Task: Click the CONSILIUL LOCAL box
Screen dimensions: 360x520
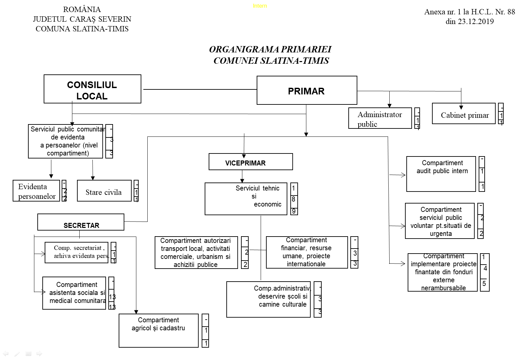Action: point(92,89)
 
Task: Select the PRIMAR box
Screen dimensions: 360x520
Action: point(307,90)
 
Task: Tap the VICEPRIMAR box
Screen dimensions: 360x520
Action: point(251,162)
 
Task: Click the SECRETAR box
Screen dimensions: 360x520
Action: point(81,222)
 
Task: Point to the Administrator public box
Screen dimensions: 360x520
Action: point(380,118)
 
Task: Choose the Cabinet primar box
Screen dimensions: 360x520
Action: point(464,114)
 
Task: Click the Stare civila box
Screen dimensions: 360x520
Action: point(104,191)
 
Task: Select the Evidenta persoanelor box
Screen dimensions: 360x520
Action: point(36,191)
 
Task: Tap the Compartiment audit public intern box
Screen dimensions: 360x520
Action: point(441,174)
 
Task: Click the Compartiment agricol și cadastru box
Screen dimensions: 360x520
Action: point(158,331)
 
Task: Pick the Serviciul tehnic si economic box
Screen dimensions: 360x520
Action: point(246,199)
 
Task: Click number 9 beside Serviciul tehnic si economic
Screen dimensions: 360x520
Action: point(294,211)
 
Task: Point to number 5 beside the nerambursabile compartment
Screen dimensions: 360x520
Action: point(484,284)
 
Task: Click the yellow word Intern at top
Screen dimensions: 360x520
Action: point(260,6)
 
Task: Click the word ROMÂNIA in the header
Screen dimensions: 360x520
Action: point(82,9)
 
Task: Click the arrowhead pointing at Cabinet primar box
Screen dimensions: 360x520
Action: point(461,107)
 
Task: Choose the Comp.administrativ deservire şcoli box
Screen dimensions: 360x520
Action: point(268,299)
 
